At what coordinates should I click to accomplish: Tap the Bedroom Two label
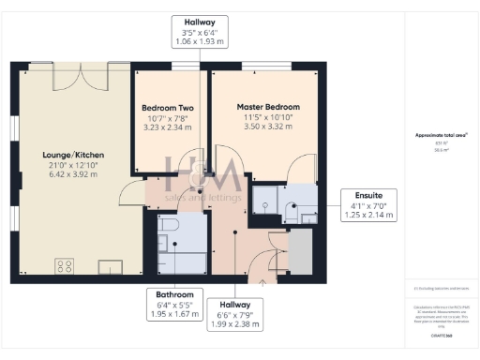coord(168,108)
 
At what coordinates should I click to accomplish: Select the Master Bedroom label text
coord(268,108)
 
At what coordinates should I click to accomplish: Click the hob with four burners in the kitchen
coord(66,266)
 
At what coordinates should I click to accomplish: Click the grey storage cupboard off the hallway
coord(300,251)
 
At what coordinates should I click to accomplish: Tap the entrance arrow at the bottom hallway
coord(263,278)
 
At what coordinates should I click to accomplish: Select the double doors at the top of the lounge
coord(90,75)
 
